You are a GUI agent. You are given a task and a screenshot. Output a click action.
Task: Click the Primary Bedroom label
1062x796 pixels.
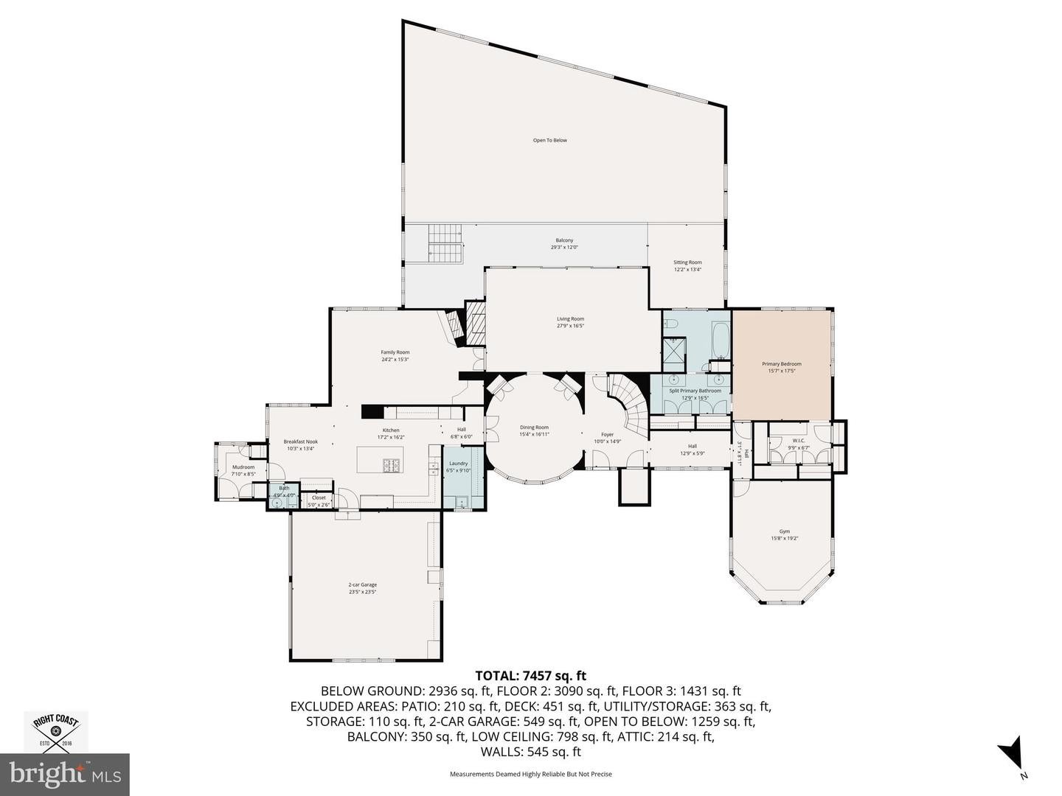[x=781, y=364]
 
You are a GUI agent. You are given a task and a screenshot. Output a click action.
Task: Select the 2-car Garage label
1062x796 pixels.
[x=362, y=584]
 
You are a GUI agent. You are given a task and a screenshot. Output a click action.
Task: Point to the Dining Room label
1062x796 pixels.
[x=534, y=427]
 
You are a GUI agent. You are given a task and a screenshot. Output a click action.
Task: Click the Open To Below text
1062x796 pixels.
[x=550, y=140]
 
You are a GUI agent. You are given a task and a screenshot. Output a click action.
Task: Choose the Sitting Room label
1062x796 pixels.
[x=687, y=262]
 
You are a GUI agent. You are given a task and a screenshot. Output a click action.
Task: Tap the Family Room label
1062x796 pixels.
[x=395, y=352]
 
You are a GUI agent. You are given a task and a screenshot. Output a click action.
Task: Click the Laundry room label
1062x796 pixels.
[x=458, y=464]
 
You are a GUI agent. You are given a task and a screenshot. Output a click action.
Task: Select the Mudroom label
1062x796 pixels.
[x=243, y=467]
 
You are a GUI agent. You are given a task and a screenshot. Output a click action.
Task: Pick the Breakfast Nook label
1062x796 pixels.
[x=300, y=442]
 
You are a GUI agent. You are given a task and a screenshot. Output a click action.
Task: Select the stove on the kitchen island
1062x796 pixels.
[x=391, y=465]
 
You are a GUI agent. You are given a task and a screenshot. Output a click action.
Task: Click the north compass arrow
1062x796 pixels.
[x=1011, y=753]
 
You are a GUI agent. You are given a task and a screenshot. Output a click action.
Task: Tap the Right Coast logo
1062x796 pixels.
[x=56, y=731]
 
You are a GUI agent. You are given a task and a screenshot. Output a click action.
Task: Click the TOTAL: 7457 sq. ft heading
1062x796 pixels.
[x=530, y=675]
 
